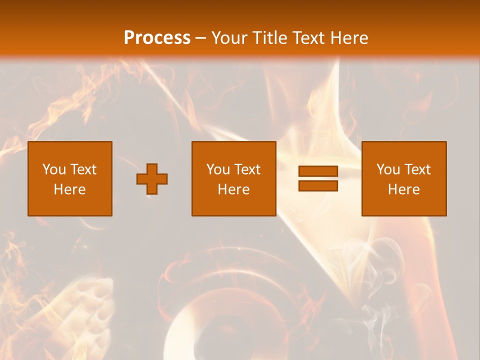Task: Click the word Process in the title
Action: click(x=157, y=38)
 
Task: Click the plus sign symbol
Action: click(x=152, y=179)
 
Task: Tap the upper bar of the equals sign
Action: click(x=318, y=171)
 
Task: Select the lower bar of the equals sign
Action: click(x=318, y=186)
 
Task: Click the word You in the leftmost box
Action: click(x=53, y=169)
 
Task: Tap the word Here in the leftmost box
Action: click(x=69, y=189)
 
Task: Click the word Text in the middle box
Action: click(x=247, y=169)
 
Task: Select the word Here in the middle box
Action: click(x=233, y=189)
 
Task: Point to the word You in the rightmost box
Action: click(x=388, y=169)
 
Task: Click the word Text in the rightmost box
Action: click(x=417, y=169)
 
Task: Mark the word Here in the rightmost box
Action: click(x=403, y=189)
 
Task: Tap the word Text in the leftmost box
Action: click(x=83, y=169)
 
